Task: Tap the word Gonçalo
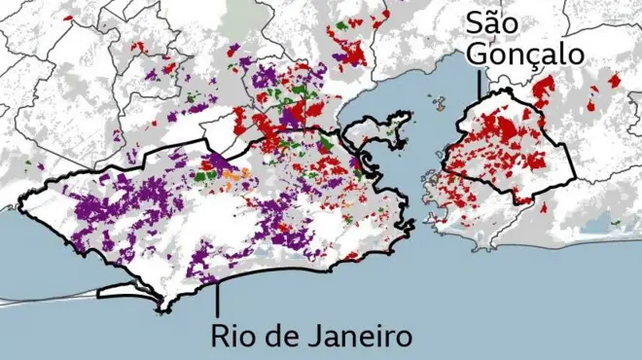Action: pyautogui.click(x=526, y=54)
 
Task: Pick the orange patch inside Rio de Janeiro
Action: pyautogui.click(x=232, y=178)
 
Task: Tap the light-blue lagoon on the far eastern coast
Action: pyautogui.click(x=595, y=226)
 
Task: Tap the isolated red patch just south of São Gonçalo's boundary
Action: pyautogui.click(x=545, y=207)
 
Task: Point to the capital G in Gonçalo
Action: pyautogui.click(x=478, y=54)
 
